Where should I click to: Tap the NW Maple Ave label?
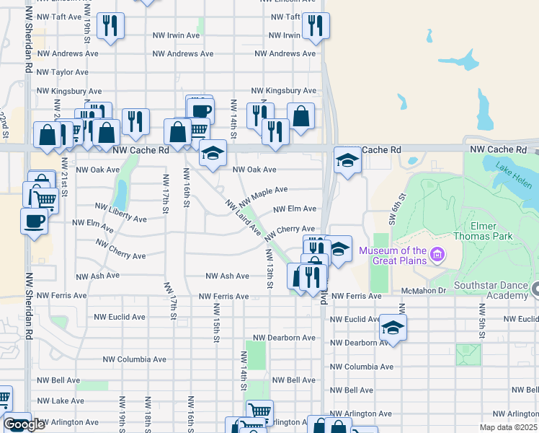[x=263, y=195]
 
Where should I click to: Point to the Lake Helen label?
[x=513, y=175]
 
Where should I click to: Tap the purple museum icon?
[x=436, y=254]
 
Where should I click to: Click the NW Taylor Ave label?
[x=63, y=72]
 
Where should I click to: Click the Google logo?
[x=24, y=424]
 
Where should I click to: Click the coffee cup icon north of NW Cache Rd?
[x=200, y=110]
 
